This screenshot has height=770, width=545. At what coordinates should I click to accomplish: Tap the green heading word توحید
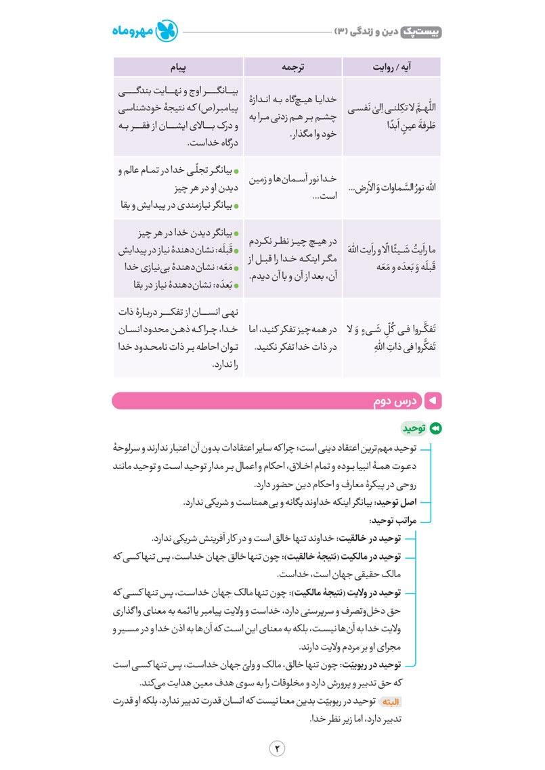click(413, 428)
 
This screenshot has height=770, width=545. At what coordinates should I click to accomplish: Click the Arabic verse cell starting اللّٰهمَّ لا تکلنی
click(392, 116)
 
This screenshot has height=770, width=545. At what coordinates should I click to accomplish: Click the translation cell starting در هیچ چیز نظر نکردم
click(292, 258)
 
